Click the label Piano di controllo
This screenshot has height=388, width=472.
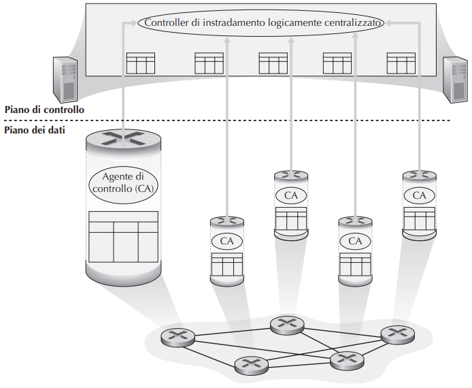[x=44, y=109]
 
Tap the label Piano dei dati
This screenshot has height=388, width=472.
[x=35, y=130]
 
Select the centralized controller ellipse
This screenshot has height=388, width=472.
[x=261, y=22]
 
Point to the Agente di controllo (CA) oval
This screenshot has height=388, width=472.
[x=123, y=181]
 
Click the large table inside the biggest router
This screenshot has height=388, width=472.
[x=123, y=236]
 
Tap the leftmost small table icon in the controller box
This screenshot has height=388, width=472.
[x=141, y=63]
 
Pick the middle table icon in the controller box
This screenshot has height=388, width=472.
[x=273, y=63]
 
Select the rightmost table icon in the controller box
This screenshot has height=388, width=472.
[x=401, y=63]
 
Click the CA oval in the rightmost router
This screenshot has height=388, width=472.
[x=420, y=195]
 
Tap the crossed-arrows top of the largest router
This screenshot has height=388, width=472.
[x=124, y=138]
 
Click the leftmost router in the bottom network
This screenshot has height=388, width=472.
[x=178, y=336]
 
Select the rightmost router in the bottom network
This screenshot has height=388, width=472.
[x=397, y=334]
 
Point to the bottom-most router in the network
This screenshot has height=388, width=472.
[x=251, y=366]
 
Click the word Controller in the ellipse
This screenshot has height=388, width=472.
[x=167, y=22]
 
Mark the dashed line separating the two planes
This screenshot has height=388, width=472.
[x=272, y=120]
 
